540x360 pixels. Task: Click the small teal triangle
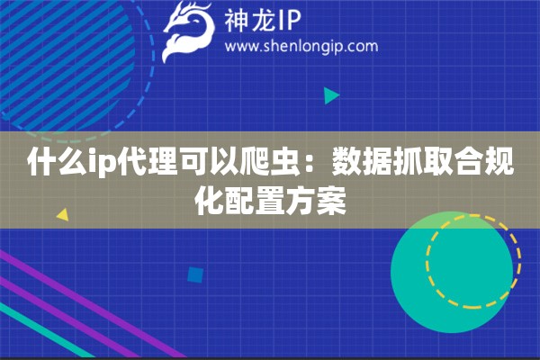click(x=331, y=94)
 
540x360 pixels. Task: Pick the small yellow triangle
click(x=62, y=215)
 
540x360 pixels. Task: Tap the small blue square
click(x=194, y=274)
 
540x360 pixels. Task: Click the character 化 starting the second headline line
click(x=209, y=201)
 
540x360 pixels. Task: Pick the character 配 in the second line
click(x=239, y=201)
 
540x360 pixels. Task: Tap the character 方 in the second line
click(x=301, y=201)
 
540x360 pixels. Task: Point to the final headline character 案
click(x=331, y=201)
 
